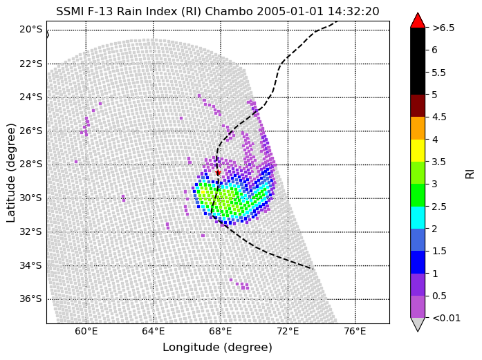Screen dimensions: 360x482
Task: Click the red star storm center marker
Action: coord(218,172)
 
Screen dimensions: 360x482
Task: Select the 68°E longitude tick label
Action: coord(221,332)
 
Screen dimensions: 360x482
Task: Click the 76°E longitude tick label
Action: coord(355,332)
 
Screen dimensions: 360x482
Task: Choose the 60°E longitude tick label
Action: coord(86,332)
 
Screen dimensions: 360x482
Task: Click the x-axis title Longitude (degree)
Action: coord(218,347)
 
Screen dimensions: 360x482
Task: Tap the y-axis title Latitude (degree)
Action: coord(11,173)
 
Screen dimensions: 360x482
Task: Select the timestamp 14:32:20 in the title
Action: coord(355,11)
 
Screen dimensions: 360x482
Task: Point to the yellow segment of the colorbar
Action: coord(418,150)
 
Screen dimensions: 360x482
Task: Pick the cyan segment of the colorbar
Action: coord(418,217)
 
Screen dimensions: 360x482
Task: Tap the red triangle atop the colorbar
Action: coord(418,21)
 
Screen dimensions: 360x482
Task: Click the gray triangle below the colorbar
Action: coord(418,324)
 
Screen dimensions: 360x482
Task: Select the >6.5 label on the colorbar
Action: coord(443,28)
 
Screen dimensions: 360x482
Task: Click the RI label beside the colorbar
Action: coord(470,173)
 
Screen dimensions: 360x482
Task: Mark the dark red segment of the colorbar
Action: coord(418,106)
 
